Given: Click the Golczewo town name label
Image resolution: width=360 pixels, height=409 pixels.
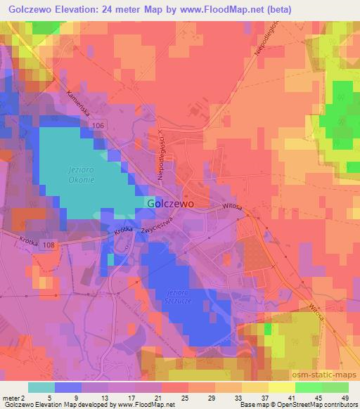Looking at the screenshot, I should tap(171, 202).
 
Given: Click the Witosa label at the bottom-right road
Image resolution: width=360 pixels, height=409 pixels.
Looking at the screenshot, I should tap(316, 313).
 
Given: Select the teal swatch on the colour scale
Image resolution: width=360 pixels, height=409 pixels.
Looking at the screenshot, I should tap(41, 387).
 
